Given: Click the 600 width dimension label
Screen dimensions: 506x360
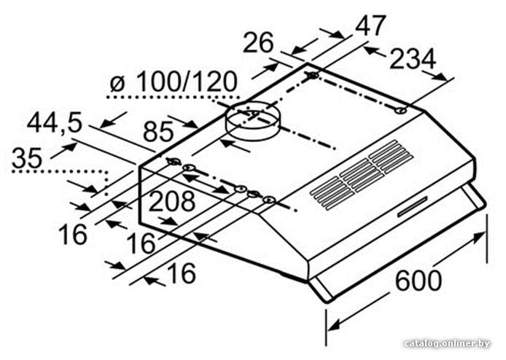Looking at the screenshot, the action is tap(419, 281).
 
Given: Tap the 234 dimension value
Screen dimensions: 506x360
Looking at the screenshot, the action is tap(413, 59).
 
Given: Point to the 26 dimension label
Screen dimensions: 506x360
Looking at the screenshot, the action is tap(258, 42).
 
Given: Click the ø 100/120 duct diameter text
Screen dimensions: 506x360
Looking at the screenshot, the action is tap(174, 82).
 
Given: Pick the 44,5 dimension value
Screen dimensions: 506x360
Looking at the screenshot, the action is tap(55, 122).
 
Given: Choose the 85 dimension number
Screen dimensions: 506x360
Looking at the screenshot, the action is tap(158, 131).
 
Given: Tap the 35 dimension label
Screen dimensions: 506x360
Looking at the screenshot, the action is tap(27, 157).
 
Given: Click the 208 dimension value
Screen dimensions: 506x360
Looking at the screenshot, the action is tap(172, 201).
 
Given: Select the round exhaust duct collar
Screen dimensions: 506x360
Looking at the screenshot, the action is tap(253, 122).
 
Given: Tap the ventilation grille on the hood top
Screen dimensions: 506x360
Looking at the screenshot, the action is tap(362, 175).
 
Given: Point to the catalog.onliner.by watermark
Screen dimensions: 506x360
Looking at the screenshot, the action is tap(447, 343).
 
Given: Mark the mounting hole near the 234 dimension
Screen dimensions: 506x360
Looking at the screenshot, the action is tap(400, 111).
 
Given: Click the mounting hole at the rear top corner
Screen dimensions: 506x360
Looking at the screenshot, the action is tap(313, 76).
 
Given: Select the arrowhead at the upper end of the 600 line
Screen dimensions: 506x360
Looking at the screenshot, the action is tap(478, 237).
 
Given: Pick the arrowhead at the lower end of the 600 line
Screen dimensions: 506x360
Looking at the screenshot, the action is tap(334, 324).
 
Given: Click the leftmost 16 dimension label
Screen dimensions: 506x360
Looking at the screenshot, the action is tap(73, 234).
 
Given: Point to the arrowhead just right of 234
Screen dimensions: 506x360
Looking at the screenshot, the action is tap(440, 77).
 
